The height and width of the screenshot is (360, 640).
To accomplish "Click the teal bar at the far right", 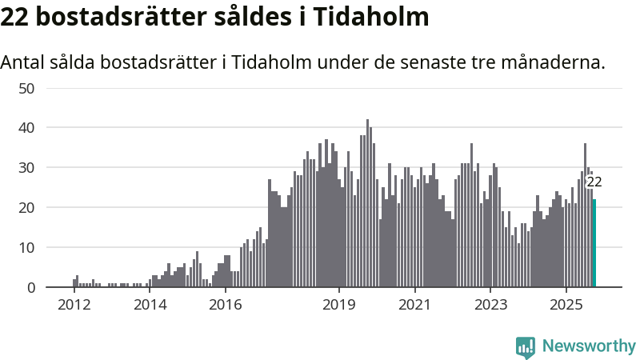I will pyautogui.click(x=594, y=243).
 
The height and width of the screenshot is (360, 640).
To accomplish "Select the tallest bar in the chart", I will pyautogui.click(x=367, y=203).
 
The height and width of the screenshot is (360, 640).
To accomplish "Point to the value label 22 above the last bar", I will pyautogui.click(x=594, y=182).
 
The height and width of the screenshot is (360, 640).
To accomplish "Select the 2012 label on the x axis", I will pyautogui.click(x=74, y=305).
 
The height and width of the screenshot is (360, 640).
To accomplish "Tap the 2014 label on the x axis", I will pyautogui.click(x=150, y=305).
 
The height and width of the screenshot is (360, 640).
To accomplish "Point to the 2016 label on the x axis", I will pyautogui.click(x=225, y=305).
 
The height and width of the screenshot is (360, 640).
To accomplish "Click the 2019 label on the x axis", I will pyautogui.click(x=339, y=305).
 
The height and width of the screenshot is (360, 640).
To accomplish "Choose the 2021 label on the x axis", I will pyautogui.click(x=414, y=305).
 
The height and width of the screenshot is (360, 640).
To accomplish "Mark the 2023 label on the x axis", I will pyautogui.click(x=490, y=305).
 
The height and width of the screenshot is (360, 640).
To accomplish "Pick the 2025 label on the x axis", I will pyautogui.click(x=566, y=305).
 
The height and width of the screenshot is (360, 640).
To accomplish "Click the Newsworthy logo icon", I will pyautogui.click(x=526, y=346).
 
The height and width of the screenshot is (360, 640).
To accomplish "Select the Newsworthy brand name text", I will pyautogui.click(x=589, y=346).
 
